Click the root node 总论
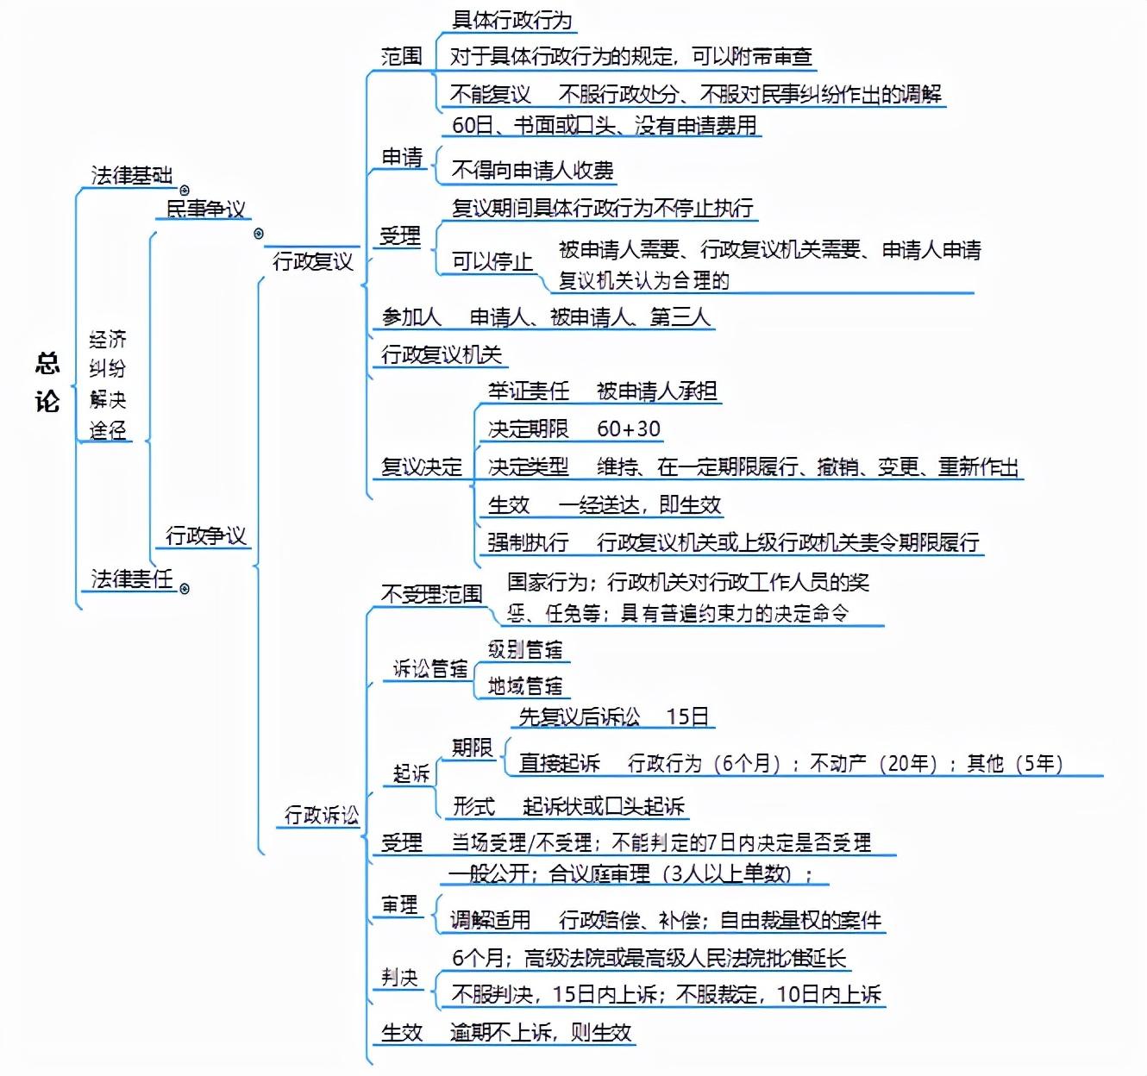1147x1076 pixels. coord(47,382)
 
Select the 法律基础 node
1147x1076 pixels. coord(131,175)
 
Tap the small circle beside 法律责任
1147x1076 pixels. coord(185,589)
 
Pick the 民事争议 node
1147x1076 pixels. coord(205,209)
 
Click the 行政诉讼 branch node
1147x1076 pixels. coord(321,815)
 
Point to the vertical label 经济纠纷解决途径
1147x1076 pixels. coord(108,384)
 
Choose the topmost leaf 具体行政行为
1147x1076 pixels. coord(511,20)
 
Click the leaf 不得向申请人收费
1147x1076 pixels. coord(532,170)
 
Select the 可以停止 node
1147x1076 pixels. coord(492,260)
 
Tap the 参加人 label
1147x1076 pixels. coord(411,317)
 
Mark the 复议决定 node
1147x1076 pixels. coord(422,466)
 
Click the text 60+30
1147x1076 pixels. coord(628,429)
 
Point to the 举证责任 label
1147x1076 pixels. coord(528,391)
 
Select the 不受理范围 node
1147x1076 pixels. coord(431,594)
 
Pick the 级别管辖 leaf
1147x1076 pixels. coord(524,649)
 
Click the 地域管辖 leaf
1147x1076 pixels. coord(524,686)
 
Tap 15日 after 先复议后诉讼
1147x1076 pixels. coord(687,716)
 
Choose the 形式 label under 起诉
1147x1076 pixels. coord(473,806)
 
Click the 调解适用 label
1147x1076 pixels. coord(490,920)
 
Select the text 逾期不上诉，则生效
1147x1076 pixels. coord(541,1032)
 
